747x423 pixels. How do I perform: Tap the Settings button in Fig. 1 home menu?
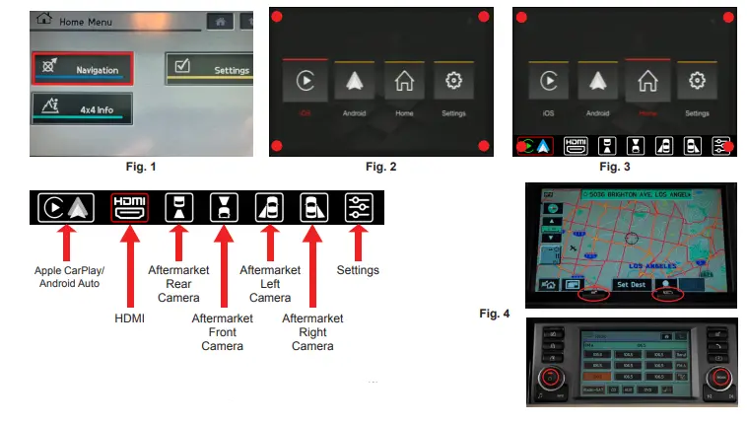click(209, 69)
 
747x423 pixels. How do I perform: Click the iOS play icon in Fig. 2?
click(305, 82)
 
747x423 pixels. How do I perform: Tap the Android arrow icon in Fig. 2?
click(355, 82)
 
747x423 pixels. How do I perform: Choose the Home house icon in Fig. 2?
click(404, 82)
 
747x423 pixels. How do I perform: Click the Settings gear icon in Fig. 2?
click(453, 82)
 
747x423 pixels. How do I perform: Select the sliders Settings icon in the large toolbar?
click(358, 207)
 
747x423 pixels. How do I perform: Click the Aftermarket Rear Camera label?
click(177, 283)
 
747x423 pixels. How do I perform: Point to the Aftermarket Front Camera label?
click(223, 332)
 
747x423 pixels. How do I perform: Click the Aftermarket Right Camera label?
click(312, 332)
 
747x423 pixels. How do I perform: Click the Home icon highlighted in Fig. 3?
click(646, 83)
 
